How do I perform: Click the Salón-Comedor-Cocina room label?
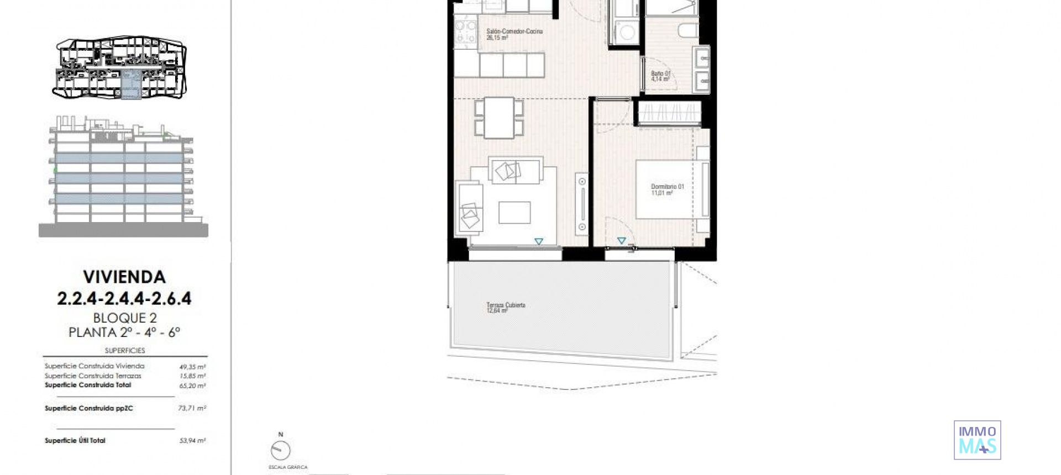point(514,34)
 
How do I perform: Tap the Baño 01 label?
point(660,76)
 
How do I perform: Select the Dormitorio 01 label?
point(667,189)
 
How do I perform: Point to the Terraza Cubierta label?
point(505,308)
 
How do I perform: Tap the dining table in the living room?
point(499,118)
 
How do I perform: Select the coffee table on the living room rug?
point(514,213)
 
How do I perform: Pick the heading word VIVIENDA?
point(124,277)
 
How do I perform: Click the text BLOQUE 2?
point(125,318)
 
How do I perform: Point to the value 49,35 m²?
point(192,367)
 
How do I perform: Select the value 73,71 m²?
point(192,409)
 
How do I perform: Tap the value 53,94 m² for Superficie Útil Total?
point(192,441)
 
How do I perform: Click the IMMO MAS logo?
point(977,440)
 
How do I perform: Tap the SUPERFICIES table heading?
point(125,351)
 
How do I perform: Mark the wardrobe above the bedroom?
point(669,113)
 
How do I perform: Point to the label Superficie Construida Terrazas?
point(93,376)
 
